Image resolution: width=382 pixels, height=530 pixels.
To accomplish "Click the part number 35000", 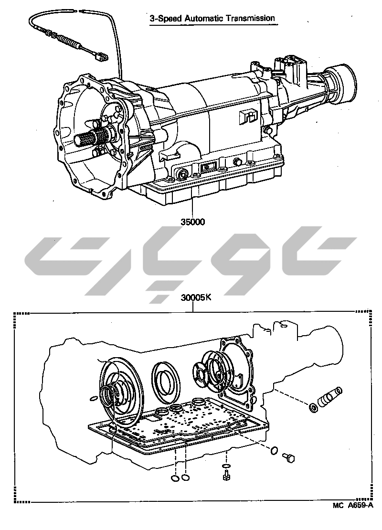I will click(192, 223).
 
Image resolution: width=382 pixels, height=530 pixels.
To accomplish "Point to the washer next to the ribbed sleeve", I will click(313, 407).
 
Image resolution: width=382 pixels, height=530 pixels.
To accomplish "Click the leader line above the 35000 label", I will click(192, 208).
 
